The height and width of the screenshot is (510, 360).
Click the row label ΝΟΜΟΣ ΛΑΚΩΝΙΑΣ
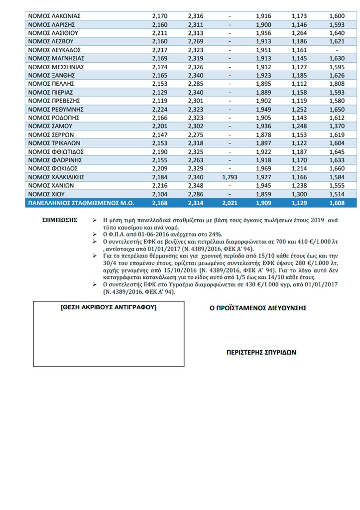pyautogui.click(x=54, y=16)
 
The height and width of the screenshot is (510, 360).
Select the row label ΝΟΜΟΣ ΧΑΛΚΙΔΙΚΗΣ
pyautogui.click(x=55, y=177)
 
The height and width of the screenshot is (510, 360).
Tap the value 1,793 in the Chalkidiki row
pyautogui.click(x=230, y=177)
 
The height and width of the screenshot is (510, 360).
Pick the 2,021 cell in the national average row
pyautogui.click(x=230, y=203)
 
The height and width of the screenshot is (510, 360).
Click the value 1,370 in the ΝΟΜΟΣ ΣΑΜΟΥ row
pyautogui.click(x=337, y=127)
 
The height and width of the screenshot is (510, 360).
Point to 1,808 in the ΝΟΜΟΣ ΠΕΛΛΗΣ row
pyautogui.click(x=337, y=84)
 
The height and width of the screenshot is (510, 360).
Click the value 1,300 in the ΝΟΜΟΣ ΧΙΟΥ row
pyautogui.click(x=299, y=194)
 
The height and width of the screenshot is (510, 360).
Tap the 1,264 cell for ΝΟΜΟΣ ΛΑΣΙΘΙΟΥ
pyautogui.click(x=299, y=33)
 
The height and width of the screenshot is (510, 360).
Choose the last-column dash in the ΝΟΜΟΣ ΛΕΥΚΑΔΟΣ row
pyautogui.click(x=337, y=50)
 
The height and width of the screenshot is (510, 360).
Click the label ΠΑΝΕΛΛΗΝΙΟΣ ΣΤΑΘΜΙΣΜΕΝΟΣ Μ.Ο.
pyautogui.click(x=76, y=203)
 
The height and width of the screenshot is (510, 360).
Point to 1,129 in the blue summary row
pyautogui.click(x=299, y=203)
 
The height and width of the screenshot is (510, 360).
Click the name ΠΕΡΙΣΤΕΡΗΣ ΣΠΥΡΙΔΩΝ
pyautogui.click(x=261, y=352)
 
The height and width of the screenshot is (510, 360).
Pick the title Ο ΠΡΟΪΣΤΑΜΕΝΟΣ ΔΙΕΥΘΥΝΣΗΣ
pyautogui.click(x=258, y=308)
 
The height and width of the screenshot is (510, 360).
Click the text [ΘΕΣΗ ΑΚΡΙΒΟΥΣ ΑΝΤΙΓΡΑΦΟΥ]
pyautogui.click(x=108, y=308)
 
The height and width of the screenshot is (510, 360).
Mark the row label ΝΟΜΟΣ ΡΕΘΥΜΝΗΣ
pyautogui.click(x=56, y=109)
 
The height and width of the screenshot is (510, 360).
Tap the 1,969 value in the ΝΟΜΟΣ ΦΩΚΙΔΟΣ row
pyautogui.click(x=263, y=168)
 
